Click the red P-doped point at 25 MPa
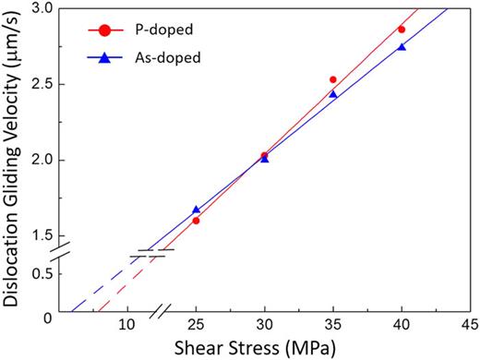point(196,221)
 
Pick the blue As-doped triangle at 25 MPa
point(196,210)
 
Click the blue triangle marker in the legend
point(105,57)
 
